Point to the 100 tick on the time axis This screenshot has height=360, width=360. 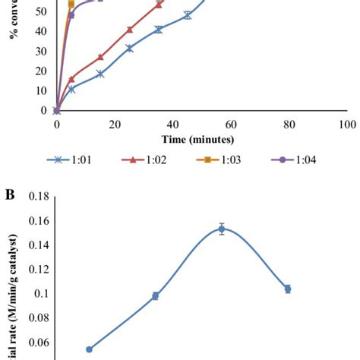pyautogui.click(x=346, y=123)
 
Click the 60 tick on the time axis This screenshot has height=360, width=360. pyautogui.click(x=230, y=123)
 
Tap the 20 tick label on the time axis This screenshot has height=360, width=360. pyautogui.click(x=114, y=123)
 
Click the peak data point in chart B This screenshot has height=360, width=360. pyautogui.click(x=222, y=229)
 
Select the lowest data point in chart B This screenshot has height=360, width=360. pyautogui.click(x=89, y=349)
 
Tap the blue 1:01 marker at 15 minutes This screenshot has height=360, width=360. pyautogui.click(x=100, y=74)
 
